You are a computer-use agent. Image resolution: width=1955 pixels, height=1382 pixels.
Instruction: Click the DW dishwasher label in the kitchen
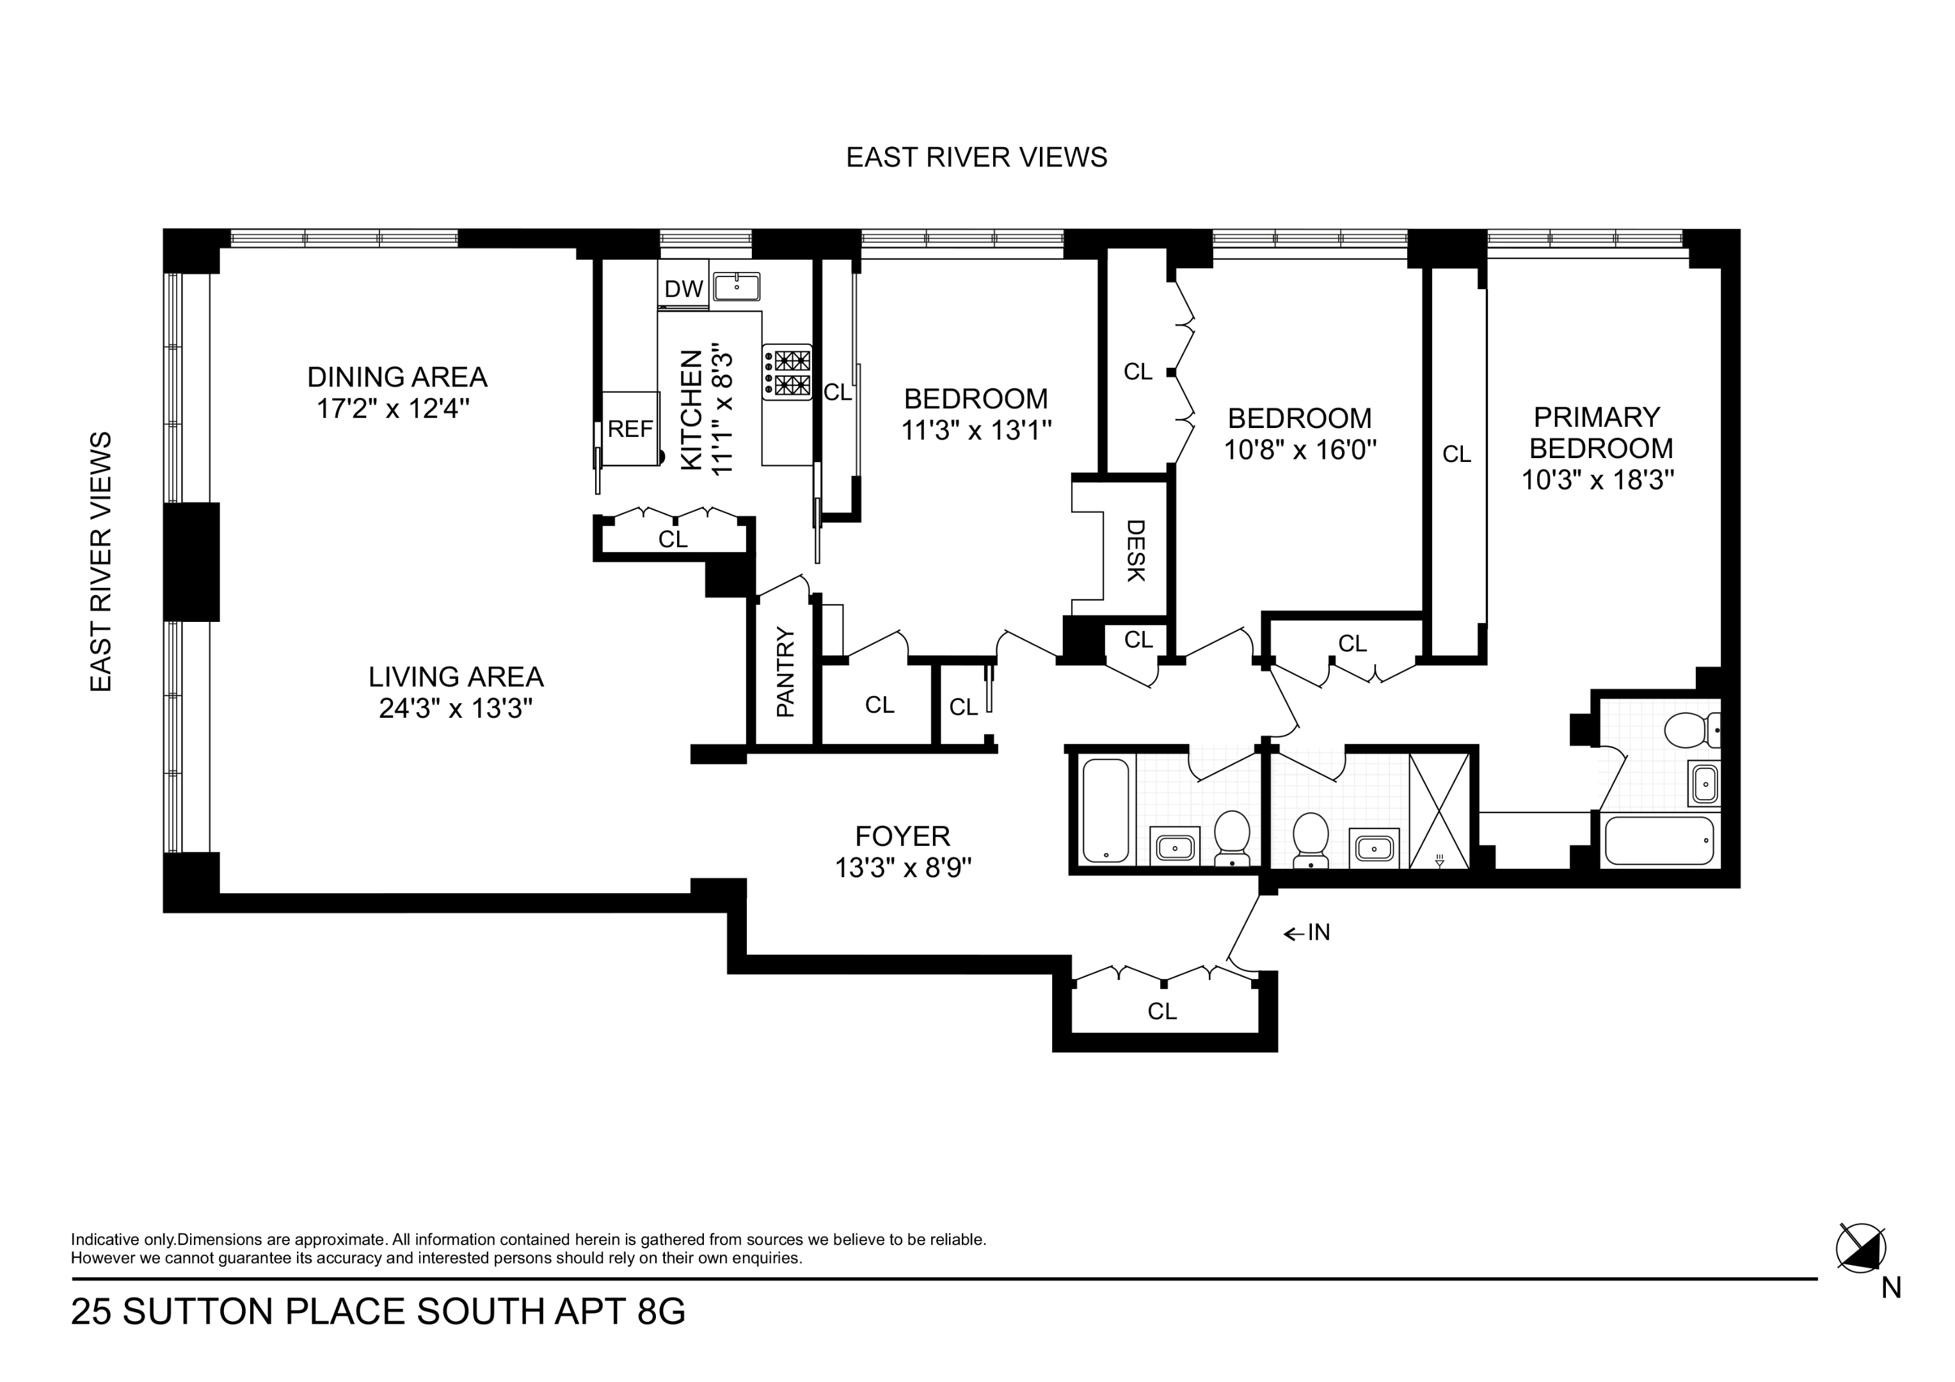click(x=683, y=289)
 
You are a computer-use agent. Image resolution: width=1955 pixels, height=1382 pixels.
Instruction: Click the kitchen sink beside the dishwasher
click(x=737, y=287)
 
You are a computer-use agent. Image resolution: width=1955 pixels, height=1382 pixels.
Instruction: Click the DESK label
click(x=1136, y=551)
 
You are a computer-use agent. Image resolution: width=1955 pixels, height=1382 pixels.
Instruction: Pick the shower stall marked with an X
click(x=1439, y=811)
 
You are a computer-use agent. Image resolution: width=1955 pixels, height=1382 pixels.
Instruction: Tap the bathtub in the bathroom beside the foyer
click(x=1105, y=810)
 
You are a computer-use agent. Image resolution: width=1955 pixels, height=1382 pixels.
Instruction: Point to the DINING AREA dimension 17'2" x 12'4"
click(x=394, y=409)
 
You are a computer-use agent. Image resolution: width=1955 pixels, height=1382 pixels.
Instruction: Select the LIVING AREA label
click(x=456, y=677)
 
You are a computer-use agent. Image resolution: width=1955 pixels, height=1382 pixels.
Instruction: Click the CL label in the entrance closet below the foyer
click(x=1161, y=1011)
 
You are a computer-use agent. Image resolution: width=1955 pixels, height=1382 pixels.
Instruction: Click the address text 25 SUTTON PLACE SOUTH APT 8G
click(x=378, y=1312)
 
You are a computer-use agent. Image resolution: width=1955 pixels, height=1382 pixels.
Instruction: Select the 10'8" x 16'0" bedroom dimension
click(x=1299, y=450)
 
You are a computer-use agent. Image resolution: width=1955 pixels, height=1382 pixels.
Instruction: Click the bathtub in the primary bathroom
click(x=1659, y=841)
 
